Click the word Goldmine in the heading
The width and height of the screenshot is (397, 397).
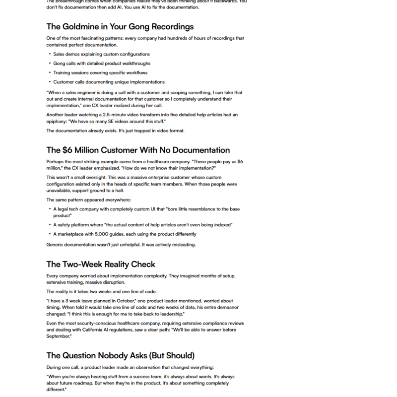click(84, 26)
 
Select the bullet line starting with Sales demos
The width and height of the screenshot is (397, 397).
click(101, 54)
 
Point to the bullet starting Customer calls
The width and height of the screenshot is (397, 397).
click(109, 82)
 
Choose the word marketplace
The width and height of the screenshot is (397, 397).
click(72, 234)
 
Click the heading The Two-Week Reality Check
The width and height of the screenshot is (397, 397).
click(101, 264)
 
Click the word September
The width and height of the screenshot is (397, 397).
click(60, 336)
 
